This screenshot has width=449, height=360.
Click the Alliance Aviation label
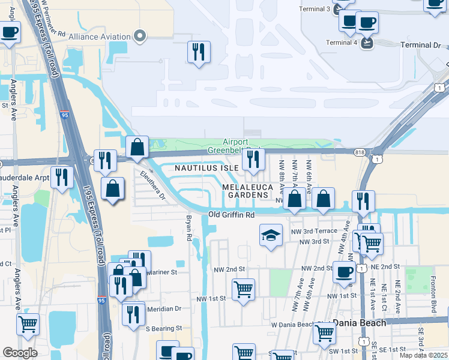pos(100,37)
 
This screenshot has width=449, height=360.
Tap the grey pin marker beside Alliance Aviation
pos(140,37)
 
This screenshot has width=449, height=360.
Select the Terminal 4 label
pos(342,42)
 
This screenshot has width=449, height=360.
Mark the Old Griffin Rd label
pos(231,214)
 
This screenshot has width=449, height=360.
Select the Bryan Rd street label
pos(188,229)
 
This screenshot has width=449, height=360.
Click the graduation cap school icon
pos(271,235)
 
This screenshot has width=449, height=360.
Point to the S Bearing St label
pos(162,328)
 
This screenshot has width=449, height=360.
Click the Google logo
pos(20,353)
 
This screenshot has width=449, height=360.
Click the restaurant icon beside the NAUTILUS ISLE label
pos(253,160)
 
